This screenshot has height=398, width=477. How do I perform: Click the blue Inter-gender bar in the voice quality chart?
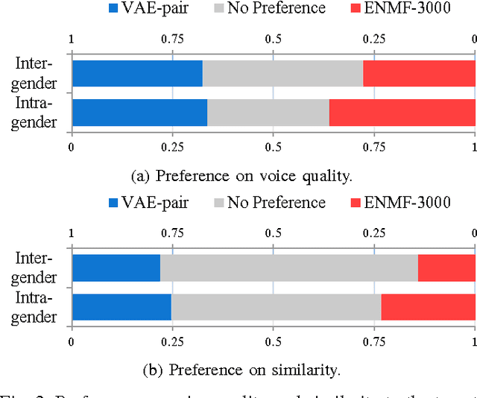[137, 74]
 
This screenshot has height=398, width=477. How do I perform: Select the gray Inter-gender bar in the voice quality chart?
[282, 74]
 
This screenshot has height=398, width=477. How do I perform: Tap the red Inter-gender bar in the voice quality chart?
[419, 74]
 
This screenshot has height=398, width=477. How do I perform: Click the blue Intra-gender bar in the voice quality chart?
[139, 113]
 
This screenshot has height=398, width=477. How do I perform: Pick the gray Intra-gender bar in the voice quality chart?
[268, 113]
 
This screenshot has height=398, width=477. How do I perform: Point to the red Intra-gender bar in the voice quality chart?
[402, 113]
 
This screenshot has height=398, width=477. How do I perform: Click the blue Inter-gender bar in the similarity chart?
[116, 268]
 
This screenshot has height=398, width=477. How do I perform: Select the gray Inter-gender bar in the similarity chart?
[288, 268]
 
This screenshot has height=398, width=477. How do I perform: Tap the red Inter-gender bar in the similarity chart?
[446, 268]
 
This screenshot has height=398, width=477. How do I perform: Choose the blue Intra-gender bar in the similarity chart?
[121, 306]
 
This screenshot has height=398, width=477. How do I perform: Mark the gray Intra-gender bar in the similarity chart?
[276, 306]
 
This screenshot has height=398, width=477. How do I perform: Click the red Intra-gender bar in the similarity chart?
[428, 306]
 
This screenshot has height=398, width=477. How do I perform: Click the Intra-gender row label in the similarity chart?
[36, 308]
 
